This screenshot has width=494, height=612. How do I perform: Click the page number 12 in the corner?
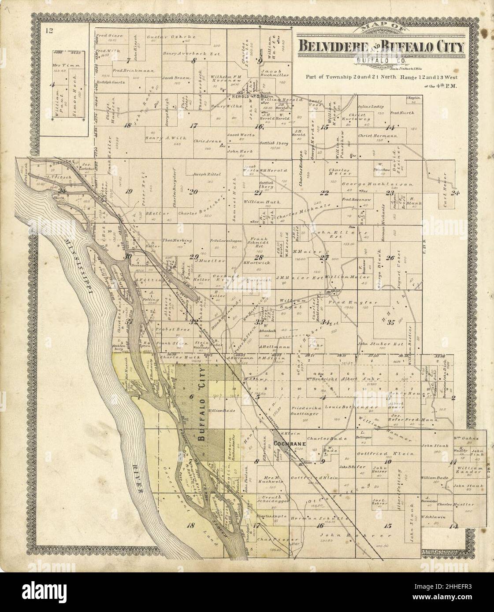coord(48,30)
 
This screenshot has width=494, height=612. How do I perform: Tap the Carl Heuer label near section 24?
coord(446,192)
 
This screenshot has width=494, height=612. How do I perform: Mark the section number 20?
coord(193,191)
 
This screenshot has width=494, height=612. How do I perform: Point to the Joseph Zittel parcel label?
coord(206,174)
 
